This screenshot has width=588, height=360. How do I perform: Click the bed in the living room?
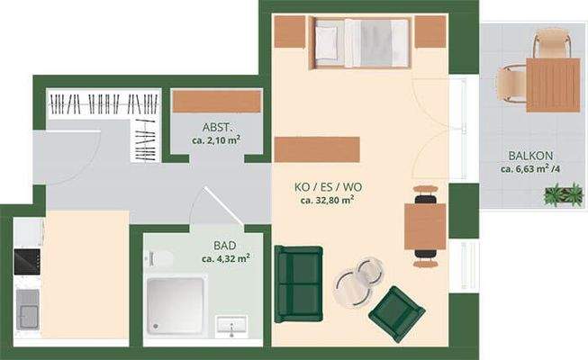point(360,43)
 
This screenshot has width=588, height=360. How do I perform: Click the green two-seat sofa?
point(298,283)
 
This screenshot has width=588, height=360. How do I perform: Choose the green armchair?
point(396,312)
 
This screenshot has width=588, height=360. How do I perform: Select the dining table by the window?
point(425,226)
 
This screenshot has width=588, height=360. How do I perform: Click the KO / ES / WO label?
point(328,186)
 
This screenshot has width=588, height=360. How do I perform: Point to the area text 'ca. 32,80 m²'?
point(327,200)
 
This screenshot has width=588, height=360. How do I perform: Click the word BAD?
point(225,245)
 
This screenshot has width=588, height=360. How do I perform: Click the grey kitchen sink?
point(28,315)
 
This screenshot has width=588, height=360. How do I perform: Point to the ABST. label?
point(216,127)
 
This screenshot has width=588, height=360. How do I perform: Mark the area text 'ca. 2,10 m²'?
point(216,140)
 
